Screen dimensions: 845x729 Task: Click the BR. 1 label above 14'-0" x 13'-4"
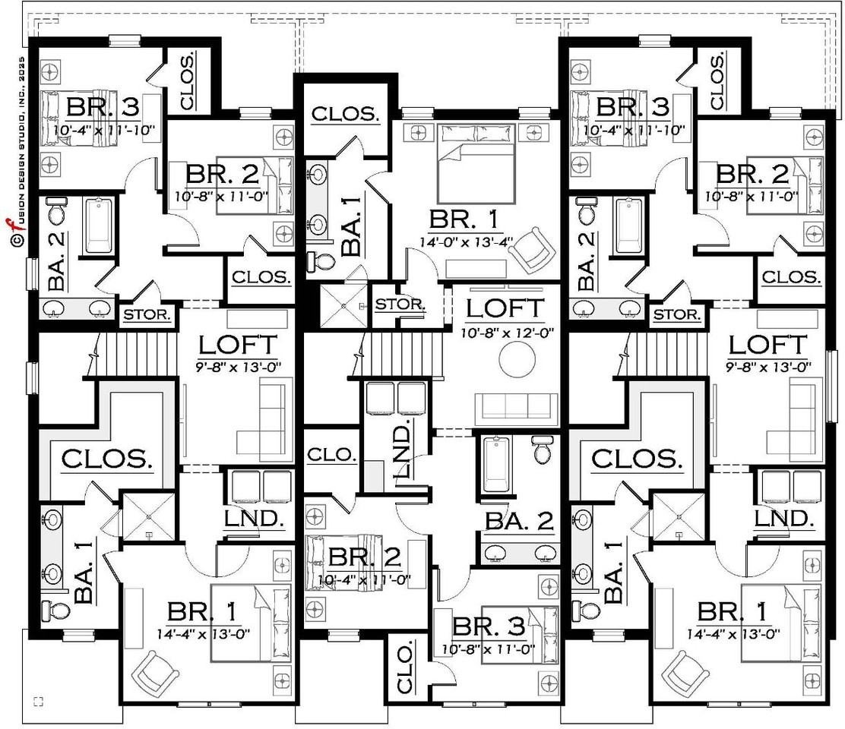463,219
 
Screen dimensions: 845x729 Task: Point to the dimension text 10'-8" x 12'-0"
507,333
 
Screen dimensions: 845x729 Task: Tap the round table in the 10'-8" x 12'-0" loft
517,361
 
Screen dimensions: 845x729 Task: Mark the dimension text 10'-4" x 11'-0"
364,580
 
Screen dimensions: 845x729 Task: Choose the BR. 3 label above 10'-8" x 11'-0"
489,626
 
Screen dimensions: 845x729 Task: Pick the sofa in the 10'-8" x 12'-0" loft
516,406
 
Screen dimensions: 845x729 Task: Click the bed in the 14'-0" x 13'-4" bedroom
476,163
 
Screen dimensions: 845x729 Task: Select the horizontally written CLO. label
331,455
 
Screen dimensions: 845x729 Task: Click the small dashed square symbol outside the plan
38,701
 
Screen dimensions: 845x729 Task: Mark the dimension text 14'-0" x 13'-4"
466,241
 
